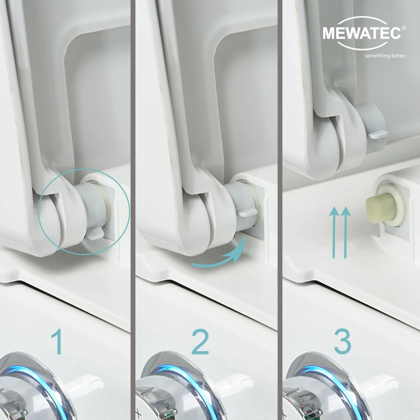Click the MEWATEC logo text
[362, 33]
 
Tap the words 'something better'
[385, 56]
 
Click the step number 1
[57, 342]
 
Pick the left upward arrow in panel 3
[334, 232]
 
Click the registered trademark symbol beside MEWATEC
[404, 28]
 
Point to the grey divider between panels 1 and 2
[133, 210]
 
